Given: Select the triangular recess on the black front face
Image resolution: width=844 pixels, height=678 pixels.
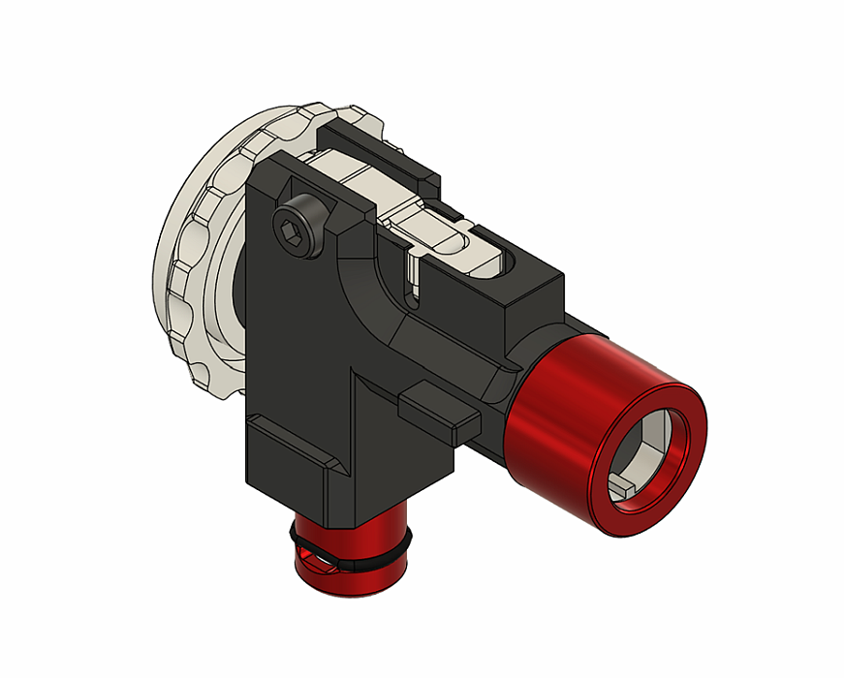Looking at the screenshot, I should tap(373, 416).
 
